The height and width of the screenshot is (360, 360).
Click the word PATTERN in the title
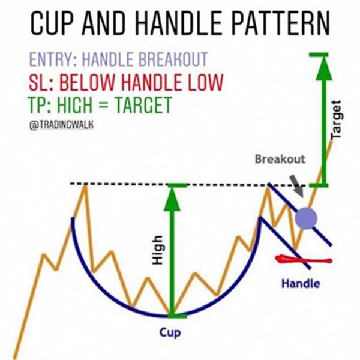[281, 23]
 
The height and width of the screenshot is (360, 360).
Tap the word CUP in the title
[52, 23]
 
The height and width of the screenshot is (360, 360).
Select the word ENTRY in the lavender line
[53, 59]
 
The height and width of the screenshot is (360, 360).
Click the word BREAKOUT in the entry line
[173, 59]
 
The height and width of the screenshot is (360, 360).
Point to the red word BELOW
[87, 82]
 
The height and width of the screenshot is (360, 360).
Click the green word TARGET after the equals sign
[143, 104]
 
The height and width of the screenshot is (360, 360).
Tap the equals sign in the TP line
[104, 106]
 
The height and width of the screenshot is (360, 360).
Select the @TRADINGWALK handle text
[62, 125]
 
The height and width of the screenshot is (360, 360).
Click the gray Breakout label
[280, 159]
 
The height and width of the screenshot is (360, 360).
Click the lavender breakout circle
[306, 218]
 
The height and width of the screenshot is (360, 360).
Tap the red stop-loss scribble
[304, 260]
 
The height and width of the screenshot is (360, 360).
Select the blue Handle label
[301, 283]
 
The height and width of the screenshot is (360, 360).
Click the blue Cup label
[170, 332]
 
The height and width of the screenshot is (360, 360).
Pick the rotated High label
[158, 250]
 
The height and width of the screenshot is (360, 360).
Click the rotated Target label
[335, 119]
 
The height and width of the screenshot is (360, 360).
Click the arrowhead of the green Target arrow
[324, 68]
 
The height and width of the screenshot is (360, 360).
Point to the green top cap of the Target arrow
[319, 55]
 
